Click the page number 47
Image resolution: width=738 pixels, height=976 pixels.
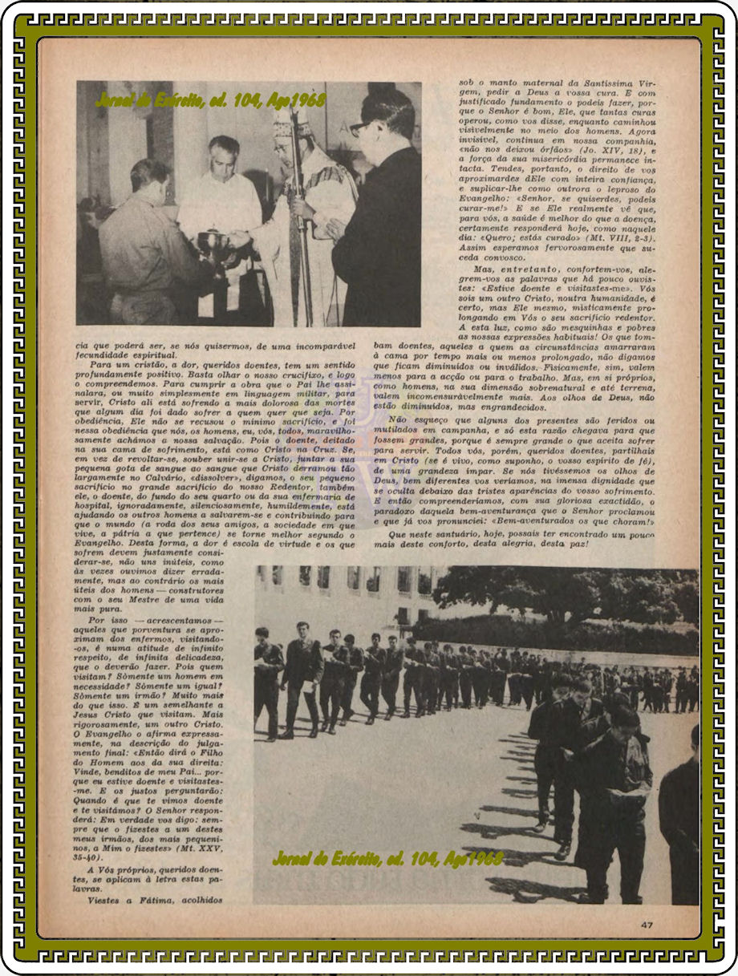pos(647,925)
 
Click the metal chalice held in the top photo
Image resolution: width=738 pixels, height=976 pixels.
pos(213,241)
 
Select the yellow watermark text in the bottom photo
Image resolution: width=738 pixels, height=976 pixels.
pos(388,859)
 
